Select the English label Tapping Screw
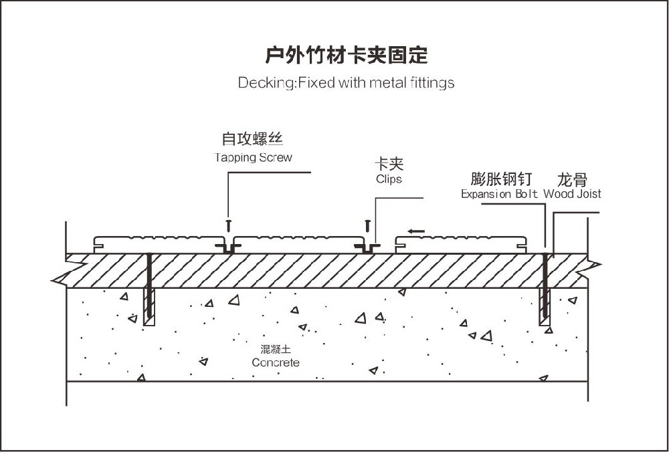coord(253,158)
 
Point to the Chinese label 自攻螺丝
coord(253,140)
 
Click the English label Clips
coord(389,179)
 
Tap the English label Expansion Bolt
coord(500,194)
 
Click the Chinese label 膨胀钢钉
coord(502,179)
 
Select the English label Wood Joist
coord(572,194)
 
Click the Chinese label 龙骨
coord(572,179)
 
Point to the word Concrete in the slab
coord(276,362)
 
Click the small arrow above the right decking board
coord(415,231)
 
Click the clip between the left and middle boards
coord(228,247)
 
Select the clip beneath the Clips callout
coord(367,247)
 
